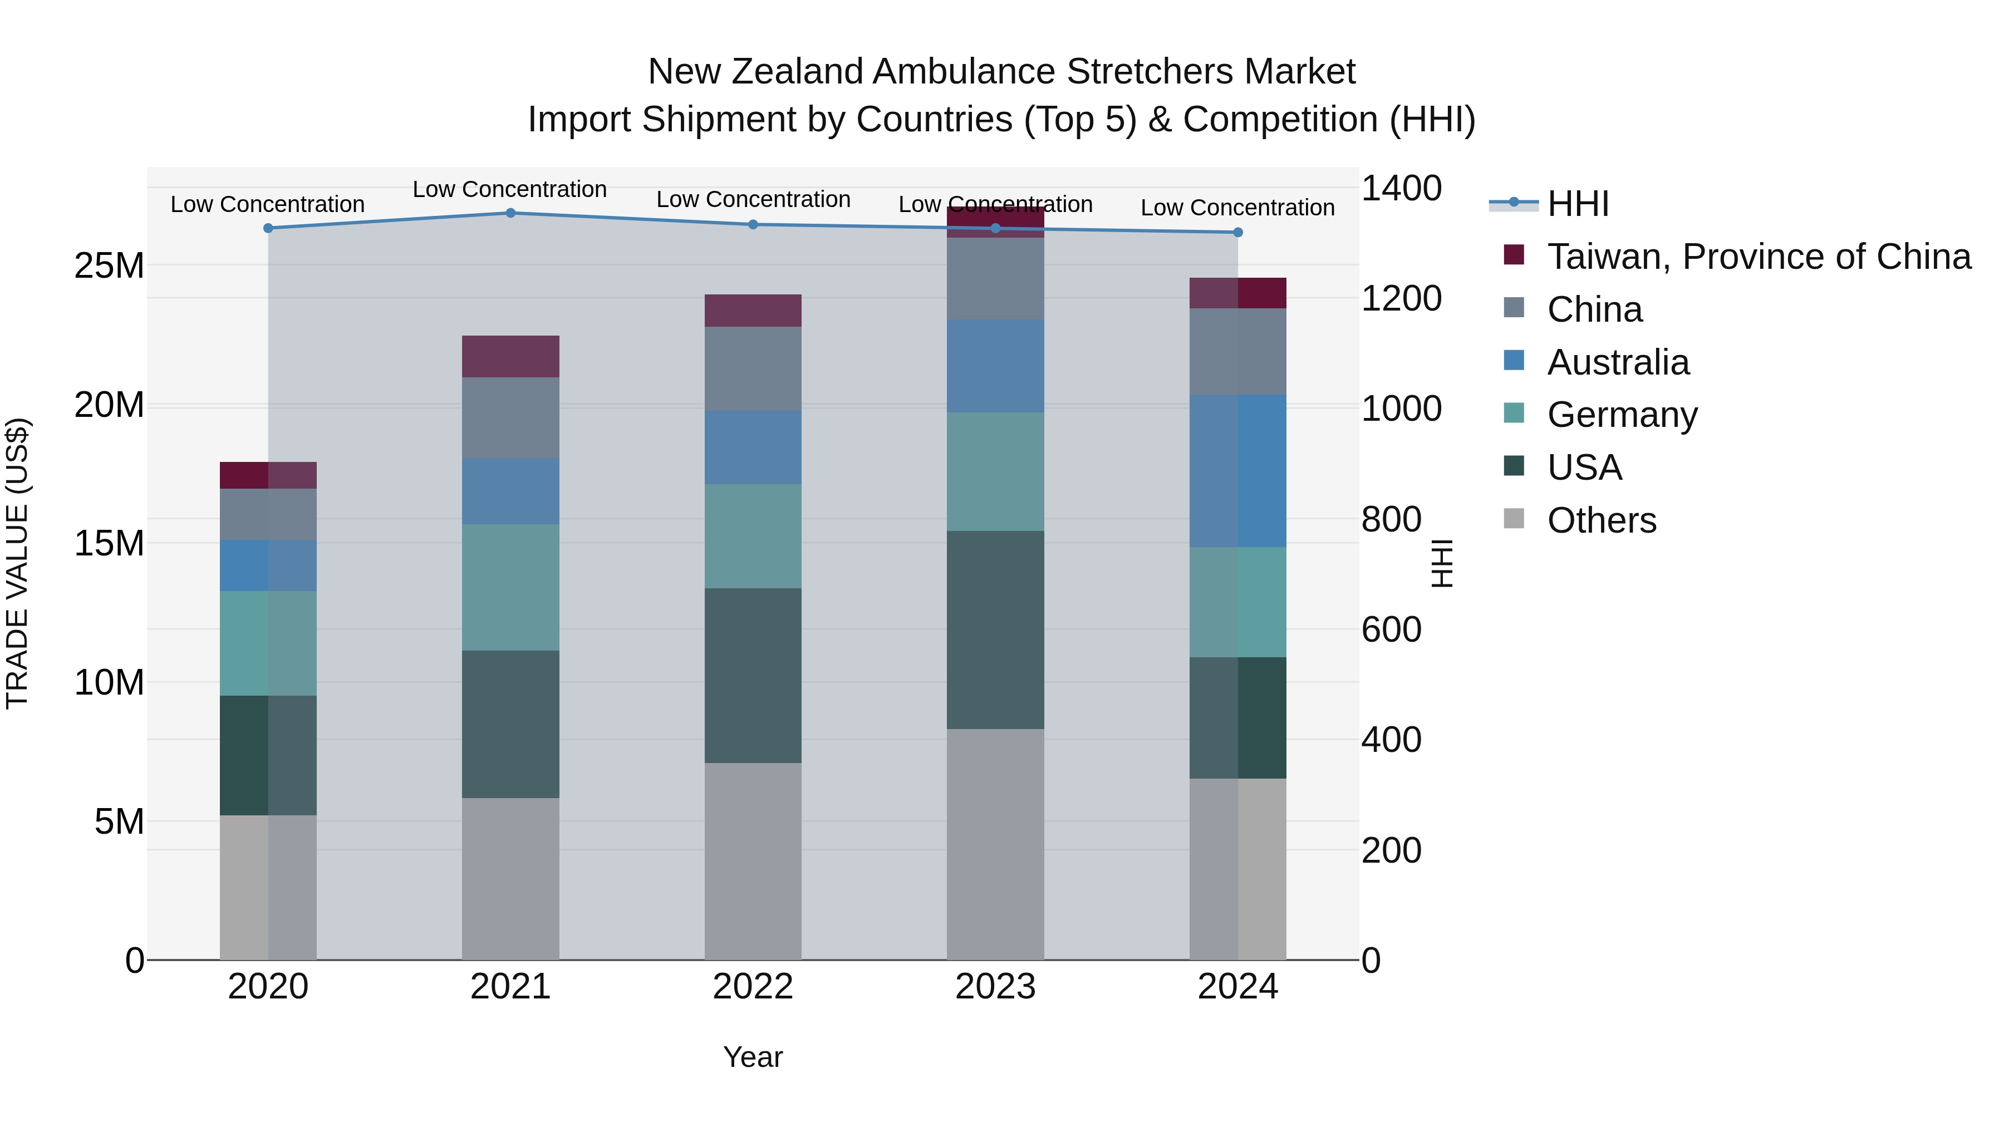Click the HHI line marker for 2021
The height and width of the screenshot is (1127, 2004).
tap(510, 213)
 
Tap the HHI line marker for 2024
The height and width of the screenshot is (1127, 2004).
tap(1237, 233)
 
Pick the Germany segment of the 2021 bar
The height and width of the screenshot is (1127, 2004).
tap(510, 587)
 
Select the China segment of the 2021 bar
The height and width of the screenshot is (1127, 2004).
tap(510, 417)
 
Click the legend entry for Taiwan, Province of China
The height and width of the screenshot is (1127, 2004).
tap(1758, 257)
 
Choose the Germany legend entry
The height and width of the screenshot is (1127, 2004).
tap(1622, 415)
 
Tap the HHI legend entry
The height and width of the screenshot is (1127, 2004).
tap(1578, 204)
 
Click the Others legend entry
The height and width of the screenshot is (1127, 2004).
tap(1601, 520)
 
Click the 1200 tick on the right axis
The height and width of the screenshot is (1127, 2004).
tap(1401, 299)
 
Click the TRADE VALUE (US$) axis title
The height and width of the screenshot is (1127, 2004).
tap(17, 563)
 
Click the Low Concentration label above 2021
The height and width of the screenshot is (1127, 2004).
tap(509, 189)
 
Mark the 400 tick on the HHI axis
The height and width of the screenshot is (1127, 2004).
tap(1391, 740)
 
